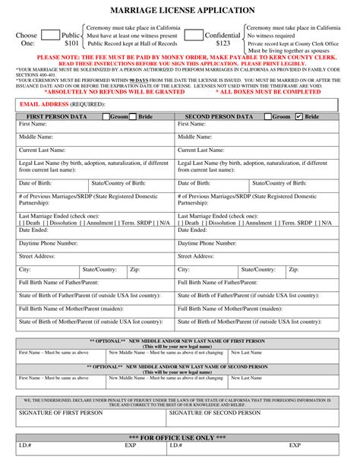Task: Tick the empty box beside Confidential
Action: [x=193, y=35]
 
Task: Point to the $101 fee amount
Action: [x=71, y=44]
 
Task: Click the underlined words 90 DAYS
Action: [x=140, y=79]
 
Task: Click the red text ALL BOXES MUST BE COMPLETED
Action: [x=268, y=91]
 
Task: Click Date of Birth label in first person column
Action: [x=36, y=183]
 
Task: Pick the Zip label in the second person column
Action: [x=294, y=269]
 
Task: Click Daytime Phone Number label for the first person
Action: [x=48, y=243]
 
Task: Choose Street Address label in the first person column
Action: [x=40, y=256]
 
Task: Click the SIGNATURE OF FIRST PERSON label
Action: [x=61, y=413]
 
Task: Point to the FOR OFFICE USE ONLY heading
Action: [x=181, y=438]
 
